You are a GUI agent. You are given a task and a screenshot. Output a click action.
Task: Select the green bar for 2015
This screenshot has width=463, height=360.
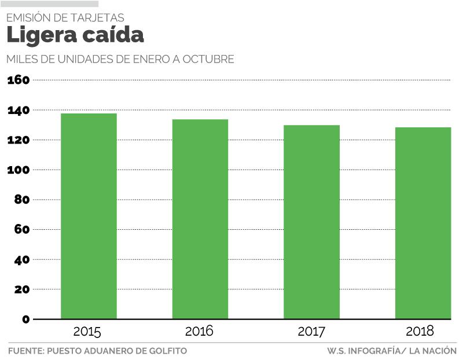(x=89, y=216)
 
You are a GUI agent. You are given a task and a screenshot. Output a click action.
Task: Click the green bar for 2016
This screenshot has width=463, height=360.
(x=200, y=219)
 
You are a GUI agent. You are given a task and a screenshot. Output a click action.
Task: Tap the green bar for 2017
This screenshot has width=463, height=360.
(x=311, y=222)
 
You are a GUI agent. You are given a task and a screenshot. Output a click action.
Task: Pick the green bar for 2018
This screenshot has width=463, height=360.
(x=423, y=223)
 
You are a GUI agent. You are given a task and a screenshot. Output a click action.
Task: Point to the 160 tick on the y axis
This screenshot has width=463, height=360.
(x=18, y=80)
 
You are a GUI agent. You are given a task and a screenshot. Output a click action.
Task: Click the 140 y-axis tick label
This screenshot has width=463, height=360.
(x=18, y=110)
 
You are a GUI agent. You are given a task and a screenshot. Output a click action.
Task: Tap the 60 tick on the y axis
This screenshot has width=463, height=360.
(x=21, y=229)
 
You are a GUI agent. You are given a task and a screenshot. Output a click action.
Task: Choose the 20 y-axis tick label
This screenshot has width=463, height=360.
(x=21, y=289)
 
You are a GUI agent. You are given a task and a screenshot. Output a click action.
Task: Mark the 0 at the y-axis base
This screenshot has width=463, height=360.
(x=25, y=319)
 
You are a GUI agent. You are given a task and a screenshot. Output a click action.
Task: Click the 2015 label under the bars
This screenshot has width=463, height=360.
(x=87, y=332)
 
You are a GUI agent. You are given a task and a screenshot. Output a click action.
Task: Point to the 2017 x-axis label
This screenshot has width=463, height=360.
(x=311, y=332)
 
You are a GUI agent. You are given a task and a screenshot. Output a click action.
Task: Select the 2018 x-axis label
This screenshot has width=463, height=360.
(x=420, y=332)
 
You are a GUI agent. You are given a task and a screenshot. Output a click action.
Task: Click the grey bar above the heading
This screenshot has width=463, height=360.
(x=49, y=4)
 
